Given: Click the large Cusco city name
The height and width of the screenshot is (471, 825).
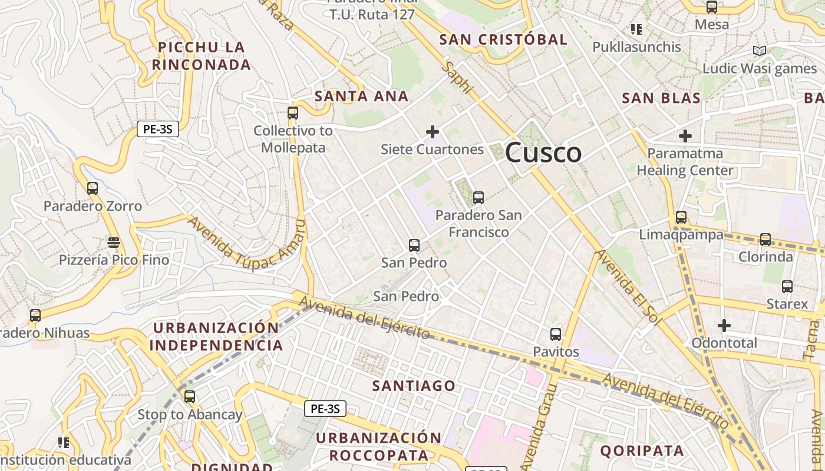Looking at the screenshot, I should pyautogui.click(x=543, y=153).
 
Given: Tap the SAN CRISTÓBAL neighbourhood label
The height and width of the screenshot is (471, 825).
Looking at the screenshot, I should pyautogui.click(x=503, y=39).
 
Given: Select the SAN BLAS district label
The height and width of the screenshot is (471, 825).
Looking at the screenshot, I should pyautogui.click(x=661, y=98).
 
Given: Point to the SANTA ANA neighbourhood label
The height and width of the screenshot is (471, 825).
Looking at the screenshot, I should pyautogui.click(x=361, y=96).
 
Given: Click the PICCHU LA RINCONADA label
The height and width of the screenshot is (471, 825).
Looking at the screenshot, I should pyautogui.click(x=202, y=56).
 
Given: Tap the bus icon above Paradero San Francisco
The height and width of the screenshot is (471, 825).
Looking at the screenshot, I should pyautogui.click(x=478, y=198).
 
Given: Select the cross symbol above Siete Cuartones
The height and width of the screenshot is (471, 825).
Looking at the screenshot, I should pyautogui.click(x=433, y=132).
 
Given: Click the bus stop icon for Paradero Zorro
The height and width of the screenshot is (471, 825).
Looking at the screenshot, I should pyautogui.click(x=93, y=188).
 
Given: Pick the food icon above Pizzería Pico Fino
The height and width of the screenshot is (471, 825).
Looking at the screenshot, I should pyautogui.click(x=114, y=243).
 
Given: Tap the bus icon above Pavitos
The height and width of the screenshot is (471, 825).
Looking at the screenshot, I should pyautogui.click(x=556, y=334).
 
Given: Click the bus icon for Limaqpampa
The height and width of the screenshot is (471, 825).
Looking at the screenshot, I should pyautogui.click(x=681, y=217).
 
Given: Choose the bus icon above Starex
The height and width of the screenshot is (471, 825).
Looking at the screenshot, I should pyautogui.click(x=787, y=287).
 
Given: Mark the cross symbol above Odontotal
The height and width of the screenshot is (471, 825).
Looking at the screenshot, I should pyautogui.click(x=724, y=325).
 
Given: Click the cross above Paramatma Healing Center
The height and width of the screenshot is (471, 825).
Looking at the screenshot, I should pyautogui.click(x=685, y=136).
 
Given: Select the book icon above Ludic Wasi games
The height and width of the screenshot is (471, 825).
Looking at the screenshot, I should pyautogui.click(x=760, y=51).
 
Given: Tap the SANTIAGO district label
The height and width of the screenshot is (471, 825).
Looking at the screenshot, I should pyautogui.click(x=414, y=386).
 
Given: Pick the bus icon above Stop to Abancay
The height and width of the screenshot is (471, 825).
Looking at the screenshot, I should pyautogui.click(x=189, y=397).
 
